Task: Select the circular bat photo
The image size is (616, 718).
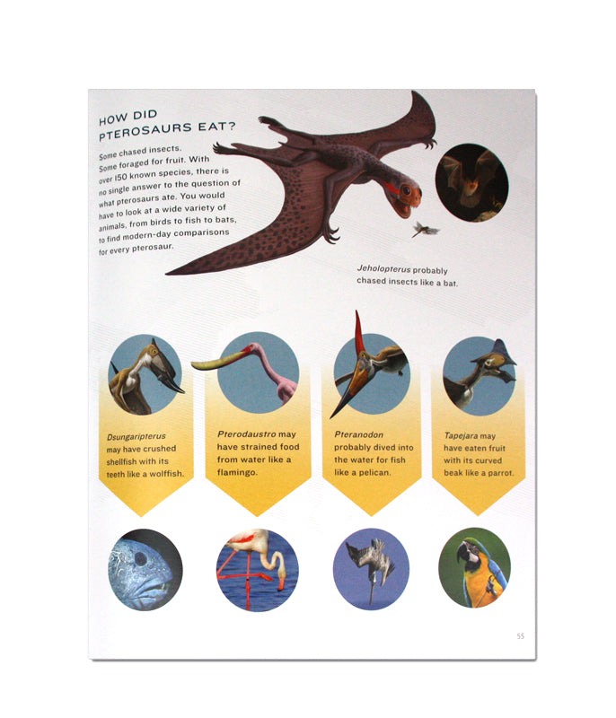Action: click(x=471, y=180)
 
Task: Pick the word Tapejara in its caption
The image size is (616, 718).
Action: click(x=461, y=434)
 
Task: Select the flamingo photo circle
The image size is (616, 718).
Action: click(x=257, y=569)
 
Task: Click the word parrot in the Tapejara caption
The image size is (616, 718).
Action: click(x=499, y=472)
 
